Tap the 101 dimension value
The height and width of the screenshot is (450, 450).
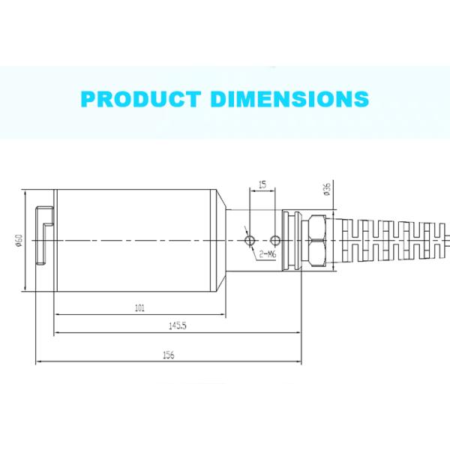tap(140, 307)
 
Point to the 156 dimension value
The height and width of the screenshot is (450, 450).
tap(168, 355)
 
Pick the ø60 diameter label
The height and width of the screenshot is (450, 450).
tap(17, 241)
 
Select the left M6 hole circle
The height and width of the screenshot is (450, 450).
tap(250, 240)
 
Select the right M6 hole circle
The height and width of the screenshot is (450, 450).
tap(276, 240)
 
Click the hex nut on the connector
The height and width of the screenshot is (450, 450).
tap(316, 239)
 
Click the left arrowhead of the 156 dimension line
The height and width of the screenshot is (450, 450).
tap(37, 363)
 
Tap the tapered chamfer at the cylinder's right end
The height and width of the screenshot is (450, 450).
tap(223, 240)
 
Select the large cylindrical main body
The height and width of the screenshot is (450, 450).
tap(135, 240)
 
